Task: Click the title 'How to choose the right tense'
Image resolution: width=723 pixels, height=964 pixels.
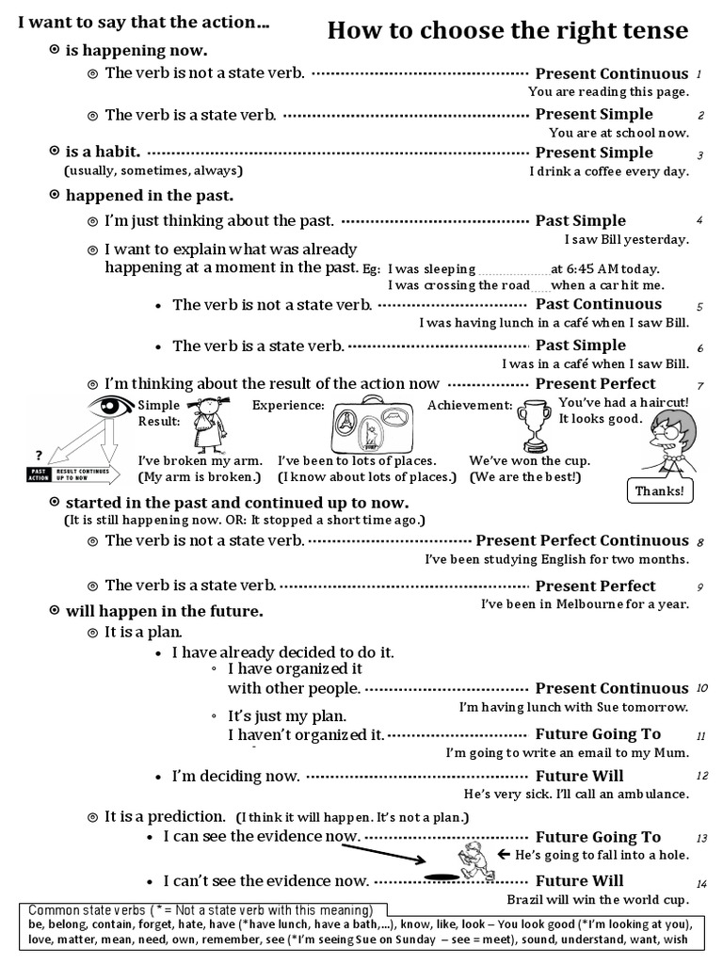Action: point(507,32)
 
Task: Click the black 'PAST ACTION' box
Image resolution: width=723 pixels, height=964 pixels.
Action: point(39,474)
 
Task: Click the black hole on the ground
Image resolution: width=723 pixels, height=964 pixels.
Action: point(440,876)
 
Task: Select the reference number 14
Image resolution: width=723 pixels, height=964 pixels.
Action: point(701,884)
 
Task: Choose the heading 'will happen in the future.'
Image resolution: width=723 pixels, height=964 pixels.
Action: point(164,611)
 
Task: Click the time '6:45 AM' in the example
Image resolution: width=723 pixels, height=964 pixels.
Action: point(593,268)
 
